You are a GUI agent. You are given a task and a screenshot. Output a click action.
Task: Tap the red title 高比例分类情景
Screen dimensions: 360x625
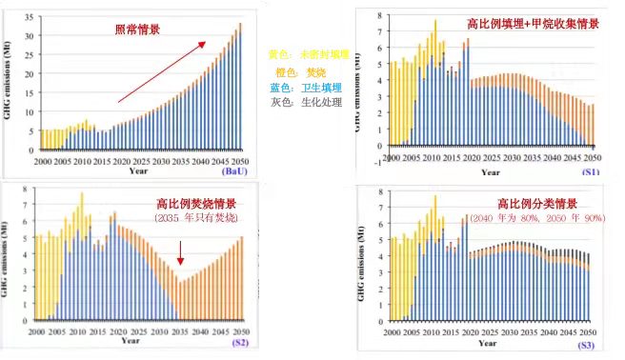[536, 204]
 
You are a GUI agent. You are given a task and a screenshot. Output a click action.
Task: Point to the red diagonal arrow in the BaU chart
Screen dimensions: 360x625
[162, 71]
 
